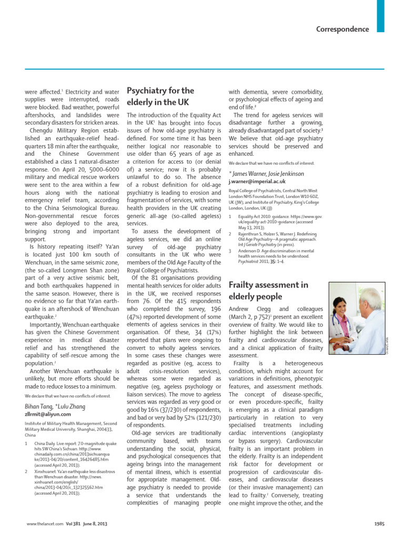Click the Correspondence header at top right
pos(342,29)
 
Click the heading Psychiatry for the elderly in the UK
pos(161,96)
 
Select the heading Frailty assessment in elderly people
pos(268,291)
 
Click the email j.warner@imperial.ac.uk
pos(260,181)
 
